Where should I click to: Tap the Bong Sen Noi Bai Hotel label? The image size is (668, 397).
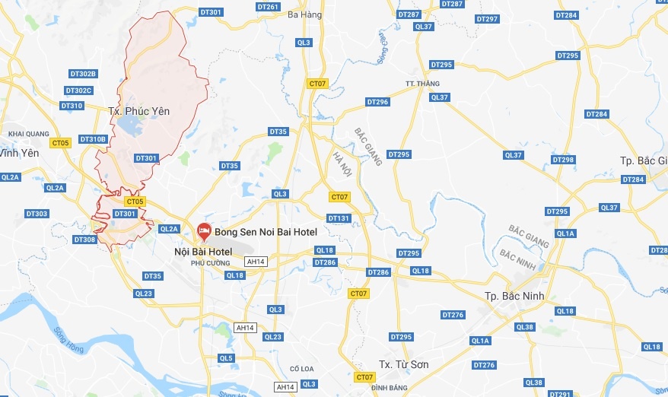[266, 229]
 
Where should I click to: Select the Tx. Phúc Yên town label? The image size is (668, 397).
[138, 111]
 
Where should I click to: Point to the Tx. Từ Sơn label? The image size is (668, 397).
[404, 364]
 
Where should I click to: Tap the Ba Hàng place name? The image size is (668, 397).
[306, 14]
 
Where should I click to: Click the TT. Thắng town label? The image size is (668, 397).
[422, 84]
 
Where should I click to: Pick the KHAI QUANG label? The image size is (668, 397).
[28, 134]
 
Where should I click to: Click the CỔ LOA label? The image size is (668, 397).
[302, 369]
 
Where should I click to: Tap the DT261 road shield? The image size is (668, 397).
[268, 7]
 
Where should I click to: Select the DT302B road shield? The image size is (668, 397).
[82, 74]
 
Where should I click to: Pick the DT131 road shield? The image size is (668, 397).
[338, 218]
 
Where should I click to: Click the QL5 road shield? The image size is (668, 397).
[226, 357]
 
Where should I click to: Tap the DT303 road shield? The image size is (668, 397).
[37, 214]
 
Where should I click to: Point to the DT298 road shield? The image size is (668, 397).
[563, 160]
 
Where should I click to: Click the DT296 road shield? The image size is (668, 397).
[377, 102]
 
